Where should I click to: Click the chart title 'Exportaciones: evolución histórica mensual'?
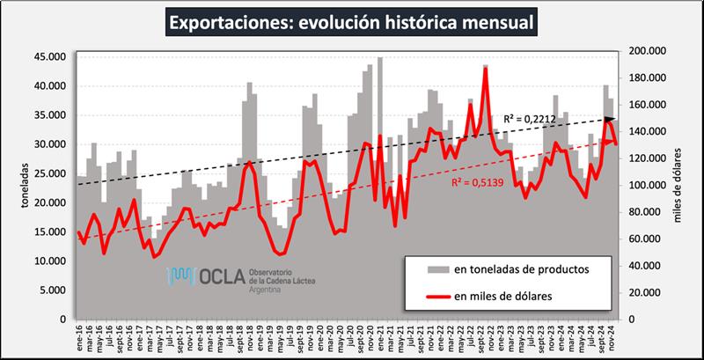[x=351, y=19]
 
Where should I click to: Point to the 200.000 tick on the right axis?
[x=642, y=51]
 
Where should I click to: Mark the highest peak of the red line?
[x=485, y=68]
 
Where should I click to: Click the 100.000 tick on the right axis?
[x=642, y=185]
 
